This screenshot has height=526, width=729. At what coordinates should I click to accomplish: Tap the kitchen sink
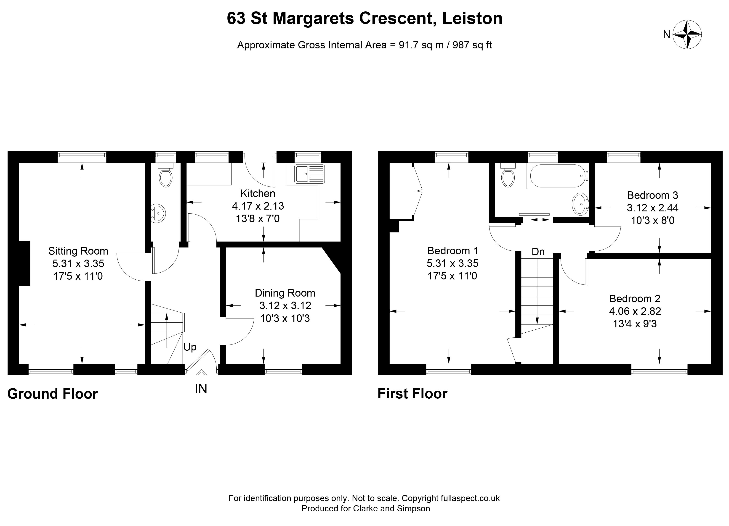pyautogui.click(x=309, y=174)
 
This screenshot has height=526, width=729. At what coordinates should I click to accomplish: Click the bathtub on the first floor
pyautogui.click(x=557, y=176)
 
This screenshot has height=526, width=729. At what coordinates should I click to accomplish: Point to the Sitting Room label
pyautogui.click(x=78, y=251)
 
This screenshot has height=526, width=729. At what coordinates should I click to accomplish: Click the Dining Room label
pyautogui.click(x=285, y=293)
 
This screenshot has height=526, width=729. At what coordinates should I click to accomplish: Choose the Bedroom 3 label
pyautogui.click(x=652, y=195)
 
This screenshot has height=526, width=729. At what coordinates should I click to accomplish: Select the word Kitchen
pyautogui.click(x=258, y=194)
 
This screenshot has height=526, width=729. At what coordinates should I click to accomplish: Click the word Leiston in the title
pyautogui.click(x=472, y=18)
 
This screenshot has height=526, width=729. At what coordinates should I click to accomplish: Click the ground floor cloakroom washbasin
pyautogui.click(x=158, y=213)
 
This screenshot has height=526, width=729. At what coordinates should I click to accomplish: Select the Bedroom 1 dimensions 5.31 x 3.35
pyautogui.click(x=452, y=263)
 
